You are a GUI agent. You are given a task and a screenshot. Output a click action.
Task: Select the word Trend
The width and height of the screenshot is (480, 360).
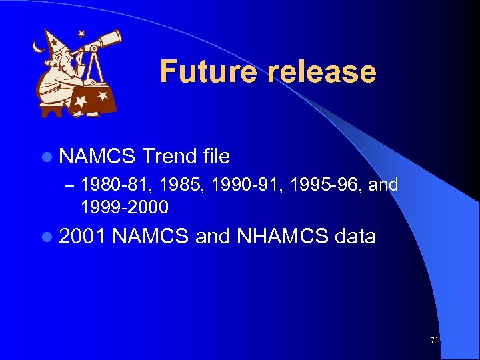169,157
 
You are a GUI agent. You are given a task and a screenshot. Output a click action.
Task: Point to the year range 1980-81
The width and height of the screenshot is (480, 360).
111,185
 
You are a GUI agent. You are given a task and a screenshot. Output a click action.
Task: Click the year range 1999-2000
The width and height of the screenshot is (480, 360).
125,207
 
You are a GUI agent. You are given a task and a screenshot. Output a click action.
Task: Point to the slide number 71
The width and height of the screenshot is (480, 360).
435,341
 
